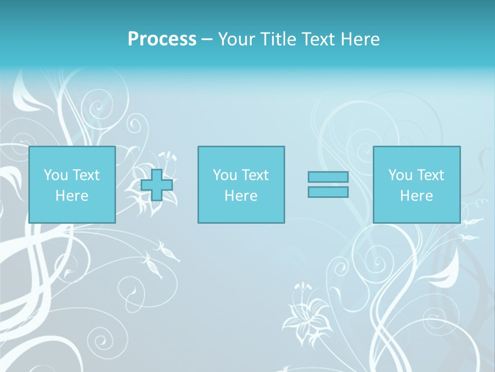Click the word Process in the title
[x=162, y=39]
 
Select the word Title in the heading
[x=279, y=39]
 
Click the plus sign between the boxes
[x=157, y=185]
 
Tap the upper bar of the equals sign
[x=328, y=177]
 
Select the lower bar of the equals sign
[x=328, y=192]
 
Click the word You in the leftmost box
[x=56, y=175]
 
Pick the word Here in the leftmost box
[x=72, y=196]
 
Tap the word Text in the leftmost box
[x=86, y=175]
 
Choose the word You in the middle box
[x=225, y=175]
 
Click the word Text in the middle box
[x=255, y=175]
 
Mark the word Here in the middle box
[x=241, y=196]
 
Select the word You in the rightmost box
[x=400, y=175]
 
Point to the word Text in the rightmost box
[x=430, y=175]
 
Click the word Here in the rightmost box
[x=416, y=196]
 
